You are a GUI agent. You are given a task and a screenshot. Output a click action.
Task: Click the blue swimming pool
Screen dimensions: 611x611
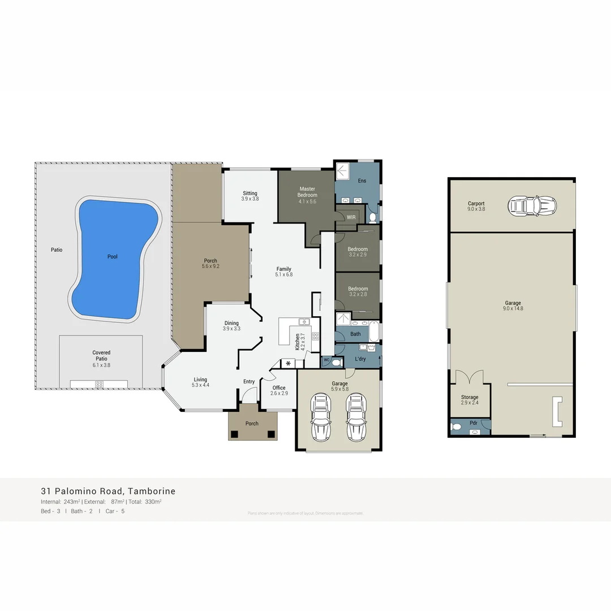coord(113,257)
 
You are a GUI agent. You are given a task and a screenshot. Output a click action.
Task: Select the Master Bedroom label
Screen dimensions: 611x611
coord(307,192)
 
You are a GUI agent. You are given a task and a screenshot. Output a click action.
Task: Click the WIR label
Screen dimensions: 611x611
coord(351,217)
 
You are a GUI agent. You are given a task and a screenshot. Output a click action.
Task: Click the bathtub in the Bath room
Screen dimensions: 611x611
coord(374,332)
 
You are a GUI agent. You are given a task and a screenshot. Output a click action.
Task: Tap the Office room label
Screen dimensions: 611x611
coord(279,388)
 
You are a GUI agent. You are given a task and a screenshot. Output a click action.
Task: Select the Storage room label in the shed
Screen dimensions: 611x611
coord(470,398)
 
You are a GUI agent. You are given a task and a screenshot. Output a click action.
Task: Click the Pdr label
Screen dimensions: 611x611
coord(474,423)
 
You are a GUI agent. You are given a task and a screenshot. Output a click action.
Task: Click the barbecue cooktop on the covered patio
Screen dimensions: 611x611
coord(99,384)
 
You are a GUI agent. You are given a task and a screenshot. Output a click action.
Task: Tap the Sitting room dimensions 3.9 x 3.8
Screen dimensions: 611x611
coord(250,199)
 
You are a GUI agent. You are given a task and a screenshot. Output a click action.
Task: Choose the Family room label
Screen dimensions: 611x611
coord(283,269)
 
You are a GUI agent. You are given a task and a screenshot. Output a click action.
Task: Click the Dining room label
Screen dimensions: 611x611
coord(231,323)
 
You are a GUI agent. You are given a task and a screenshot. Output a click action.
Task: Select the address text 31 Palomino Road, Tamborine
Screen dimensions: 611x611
coord(108,491)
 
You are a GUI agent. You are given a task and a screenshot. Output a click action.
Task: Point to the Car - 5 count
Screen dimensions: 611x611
coord(115,511)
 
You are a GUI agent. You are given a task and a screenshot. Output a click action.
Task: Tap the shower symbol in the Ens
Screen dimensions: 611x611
coord(343,171)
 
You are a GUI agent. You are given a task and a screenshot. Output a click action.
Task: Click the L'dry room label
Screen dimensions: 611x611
coord(361,359)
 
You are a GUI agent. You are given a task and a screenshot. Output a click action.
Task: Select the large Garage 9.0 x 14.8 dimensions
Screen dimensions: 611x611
coord(513,309)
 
